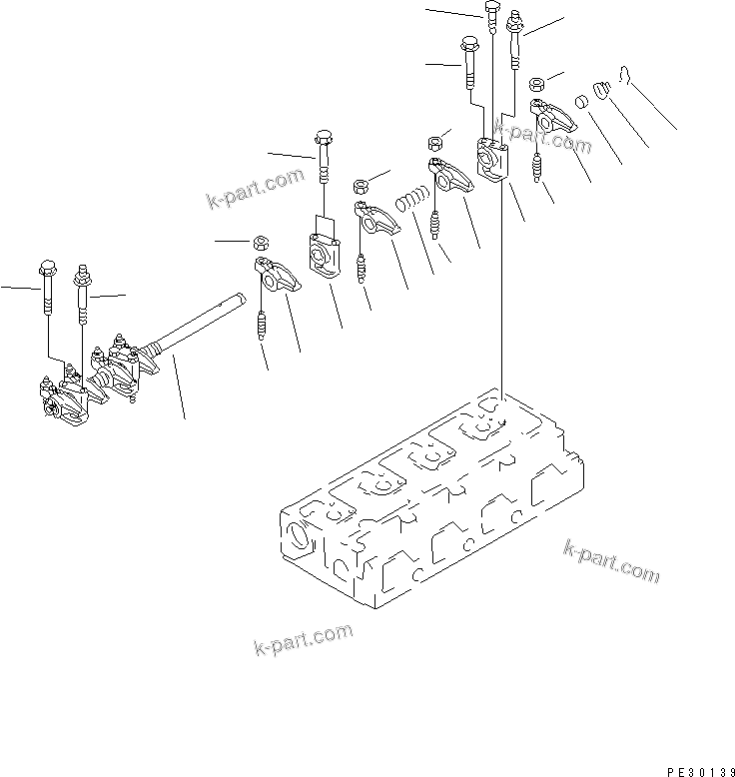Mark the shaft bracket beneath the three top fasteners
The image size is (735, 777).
(491, 160)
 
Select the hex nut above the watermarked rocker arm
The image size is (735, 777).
(536, 84)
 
